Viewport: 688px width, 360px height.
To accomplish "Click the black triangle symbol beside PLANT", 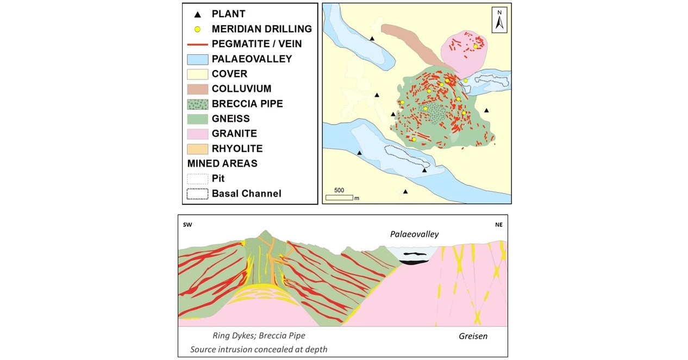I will click(197, 14).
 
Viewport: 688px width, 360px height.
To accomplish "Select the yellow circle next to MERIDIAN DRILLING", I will click(197, 29).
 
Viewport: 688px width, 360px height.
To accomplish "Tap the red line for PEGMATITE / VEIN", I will click(197, 44).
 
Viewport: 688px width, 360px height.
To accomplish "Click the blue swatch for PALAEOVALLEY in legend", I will click(197, 59).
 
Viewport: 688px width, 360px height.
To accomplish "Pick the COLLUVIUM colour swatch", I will click(197, 89).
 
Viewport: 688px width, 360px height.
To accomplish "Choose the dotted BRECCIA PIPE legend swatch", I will click(197, 104).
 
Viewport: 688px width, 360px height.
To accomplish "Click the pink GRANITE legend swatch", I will click(197, 134).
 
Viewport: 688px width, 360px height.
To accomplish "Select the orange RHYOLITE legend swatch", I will click(197, 148).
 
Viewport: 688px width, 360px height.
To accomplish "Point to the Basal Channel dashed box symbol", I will click(197, 194).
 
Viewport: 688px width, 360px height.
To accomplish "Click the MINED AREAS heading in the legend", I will click(221, 163).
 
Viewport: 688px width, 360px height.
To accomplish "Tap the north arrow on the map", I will click(499, 20).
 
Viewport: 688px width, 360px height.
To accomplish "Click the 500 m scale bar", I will click(339, 196).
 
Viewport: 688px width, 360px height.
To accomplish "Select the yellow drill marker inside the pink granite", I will click(475, 47).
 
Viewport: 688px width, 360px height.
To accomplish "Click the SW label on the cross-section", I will click(188, 225).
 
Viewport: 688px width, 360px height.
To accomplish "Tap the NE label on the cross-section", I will click(498, 225).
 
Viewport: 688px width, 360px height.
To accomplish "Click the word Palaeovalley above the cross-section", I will click(414, 234).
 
